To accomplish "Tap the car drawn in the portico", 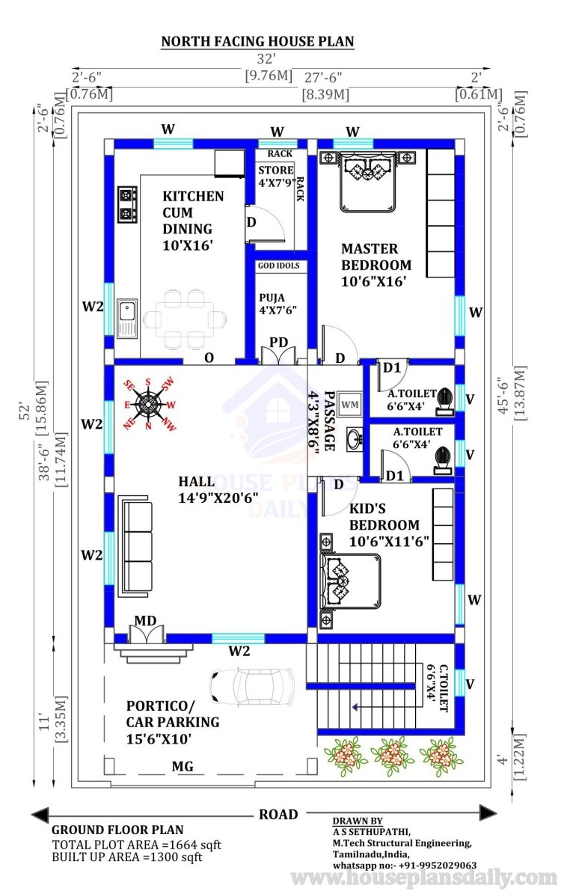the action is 252,687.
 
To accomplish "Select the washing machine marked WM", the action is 349,404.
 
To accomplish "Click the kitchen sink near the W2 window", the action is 127,318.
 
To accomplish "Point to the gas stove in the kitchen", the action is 127,204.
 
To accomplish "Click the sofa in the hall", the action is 135,546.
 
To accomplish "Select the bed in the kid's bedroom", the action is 350,581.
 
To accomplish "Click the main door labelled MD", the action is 147,633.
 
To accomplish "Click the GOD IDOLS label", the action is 278,266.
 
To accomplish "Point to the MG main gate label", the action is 183,767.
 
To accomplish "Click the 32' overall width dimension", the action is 266,58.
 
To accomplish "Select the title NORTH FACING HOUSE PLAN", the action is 257,41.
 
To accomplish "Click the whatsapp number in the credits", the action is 405,865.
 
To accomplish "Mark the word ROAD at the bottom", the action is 278,814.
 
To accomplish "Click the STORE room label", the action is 276,170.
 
